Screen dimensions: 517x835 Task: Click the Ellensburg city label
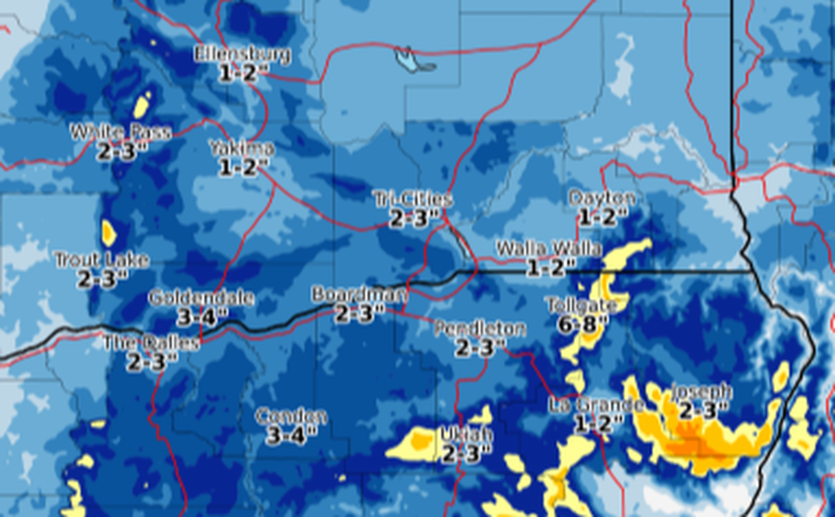point(242,54)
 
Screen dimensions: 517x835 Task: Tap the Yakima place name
point(241,148)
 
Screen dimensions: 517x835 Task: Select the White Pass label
point(121,132)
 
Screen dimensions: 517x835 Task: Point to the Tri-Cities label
point(412,198)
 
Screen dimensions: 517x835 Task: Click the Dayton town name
point(601,198)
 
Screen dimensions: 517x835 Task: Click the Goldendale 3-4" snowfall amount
point(202,317)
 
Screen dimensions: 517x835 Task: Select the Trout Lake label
point(102,260)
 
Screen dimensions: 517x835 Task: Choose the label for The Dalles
point(151,343)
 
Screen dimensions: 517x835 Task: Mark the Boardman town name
point(358,294)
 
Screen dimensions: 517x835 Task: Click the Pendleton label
point(479,329)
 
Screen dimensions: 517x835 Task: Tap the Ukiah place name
point(466,435)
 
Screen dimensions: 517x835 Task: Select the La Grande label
point(598,405)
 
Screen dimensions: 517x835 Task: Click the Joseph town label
point(701,391)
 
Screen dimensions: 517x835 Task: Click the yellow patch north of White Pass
point(142,105)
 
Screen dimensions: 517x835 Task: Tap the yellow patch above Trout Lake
point(108,233)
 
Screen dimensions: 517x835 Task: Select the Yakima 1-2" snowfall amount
point(239,167)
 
